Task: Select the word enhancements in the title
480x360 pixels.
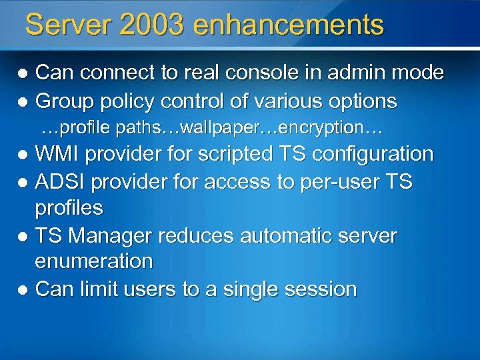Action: click(289, 25)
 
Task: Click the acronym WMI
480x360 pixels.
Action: click(58, 154)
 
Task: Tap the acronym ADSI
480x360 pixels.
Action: click(63, 181)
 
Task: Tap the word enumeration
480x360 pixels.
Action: click(94, 261)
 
